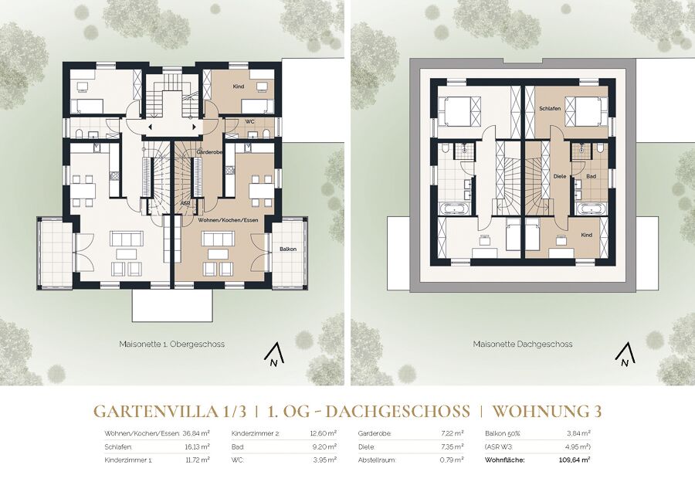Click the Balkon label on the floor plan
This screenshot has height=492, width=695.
coord(288,249)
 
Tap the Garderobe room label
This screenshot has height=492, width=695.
coord(209,152)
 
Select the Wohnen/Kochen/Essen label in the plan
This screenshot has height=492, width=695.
coord(228,219)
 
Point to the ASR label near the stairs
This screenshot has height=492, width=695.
coord(185,203)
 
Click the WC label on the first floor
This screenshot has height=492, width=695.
coord(249,121)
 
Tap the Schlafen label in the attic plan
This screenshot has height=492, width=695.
coord(550,108)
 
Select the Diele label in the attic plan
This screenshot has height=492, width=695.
coord(561,176)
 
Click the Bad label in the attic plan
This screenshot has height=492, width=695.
coord(591,176)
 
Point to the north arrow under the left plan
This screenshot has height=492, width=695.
coord(273,355)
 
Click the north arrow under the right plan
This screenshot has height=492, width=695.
coord(624,355)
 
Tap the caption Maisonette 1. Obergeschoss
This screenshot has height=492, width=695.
coord(171,344)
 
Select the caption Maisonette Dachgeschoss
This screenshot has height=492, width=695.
coord(523,344)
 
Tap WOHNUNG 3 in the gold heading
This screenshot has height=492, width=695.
coord(548,411)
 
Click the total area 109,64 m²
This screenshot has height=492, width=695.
coord(575,460)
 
